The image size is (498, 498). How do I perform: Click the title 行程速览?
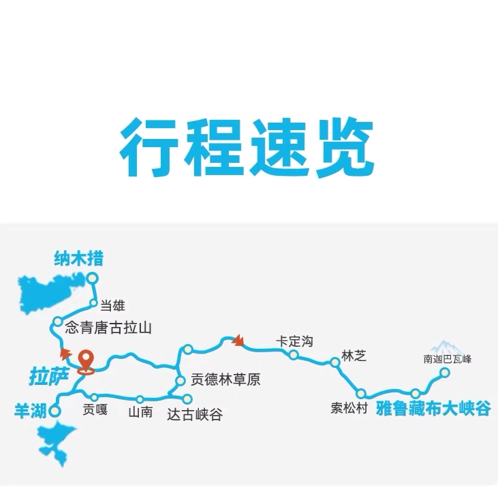coord(248,149)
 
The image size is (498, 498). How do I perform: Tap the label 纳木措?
coord(82,260)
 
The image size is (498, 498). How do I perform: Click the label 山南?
coord(140,411)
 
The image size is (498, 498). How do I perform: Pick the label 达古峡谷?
coord(194,414)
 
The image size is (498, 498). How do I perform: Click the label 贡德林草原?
coord(225,380)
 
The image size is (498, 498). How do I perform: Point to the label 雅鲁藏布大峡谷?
coord(433,409)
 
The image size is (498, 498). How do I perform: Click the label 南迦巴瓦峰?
coord(448,358)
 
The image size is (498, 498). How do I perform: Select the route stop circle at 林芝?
coord(334,362)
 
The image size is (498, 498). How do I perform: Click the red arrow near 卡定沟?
coord(238,340)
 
